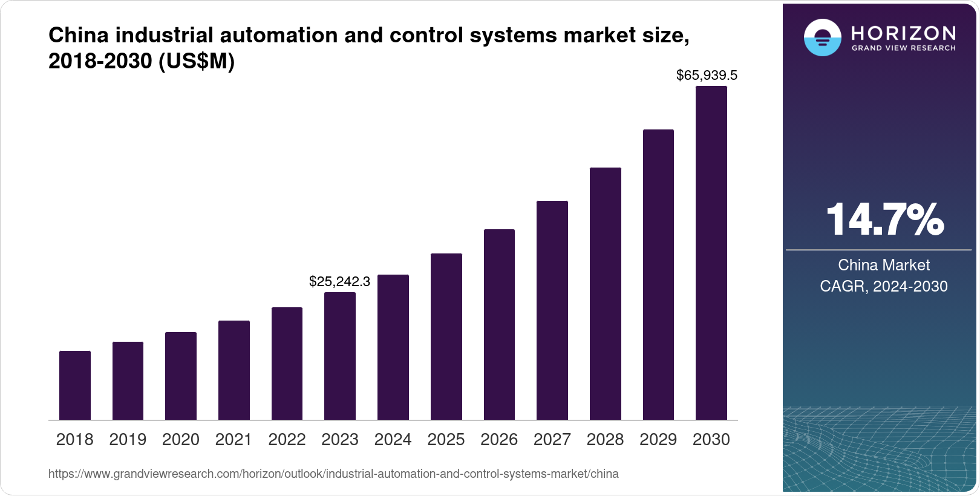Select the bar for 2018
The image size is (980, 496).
point(75,385)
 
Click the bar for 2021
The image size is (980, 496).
point(234,370)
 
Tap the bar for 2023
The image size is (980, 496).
point(340,356)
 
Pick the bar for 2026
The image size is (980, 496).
point(499,324)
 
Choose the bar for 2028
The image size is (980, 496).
point(605,293)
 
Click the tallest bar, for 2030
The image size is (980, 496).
point(711,253)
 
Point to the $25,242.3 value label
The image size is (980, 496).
point(339,281)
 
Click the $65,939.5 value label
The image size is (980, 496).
point(707,76)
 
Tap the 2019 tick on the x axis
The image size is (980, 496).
point(128,440)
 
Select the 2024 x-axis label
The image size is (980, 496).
point(393,440)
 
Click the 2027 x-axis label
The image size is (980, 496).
point(552,440)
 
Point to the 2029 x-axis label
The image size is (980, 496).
point(658,440)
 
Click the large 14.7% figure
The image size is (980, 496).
point(884,220)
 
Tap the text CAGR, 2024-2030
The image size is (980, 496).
point(883,286)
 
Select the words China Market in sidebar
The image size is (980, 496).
point(883,265)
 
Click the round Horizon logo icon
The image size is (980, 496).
point(822,38)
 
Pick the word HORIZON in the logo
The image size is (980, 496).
point(903,33)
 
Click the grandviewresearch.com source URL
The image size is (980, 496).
point(333,474)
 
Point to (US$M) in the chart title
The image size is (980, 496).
point(197,62)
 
